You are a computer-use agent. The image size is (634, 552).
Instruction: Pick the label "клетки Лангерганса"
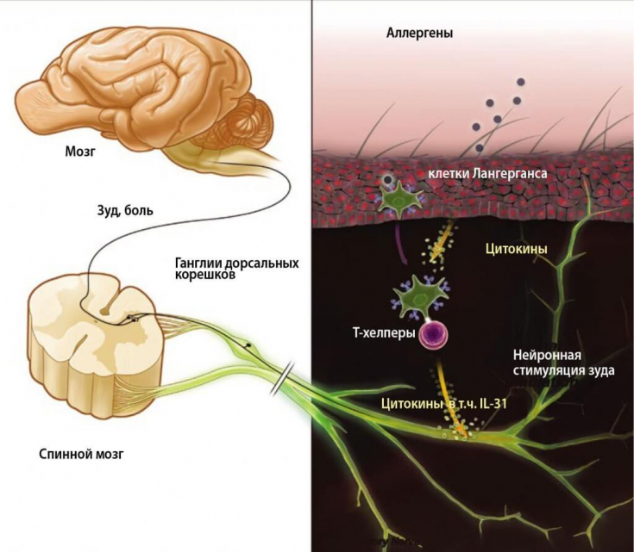tap(488, 175)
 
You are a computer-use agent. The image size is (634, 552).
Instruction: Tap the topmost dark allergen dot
tap(520, 82)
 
